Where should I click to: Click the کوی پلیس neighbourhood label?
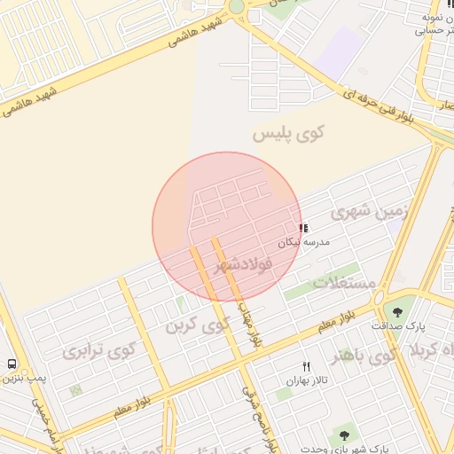point(289,134)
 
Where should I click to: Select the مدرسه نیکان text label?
point(305,241)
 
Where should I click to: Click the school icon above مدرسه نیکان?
point(305,228)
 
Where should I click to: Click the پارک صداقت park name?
point(392,325)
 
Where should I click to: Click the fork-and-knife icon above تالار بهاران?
point(307,366)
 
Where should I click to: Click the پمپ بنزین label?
point(21,379)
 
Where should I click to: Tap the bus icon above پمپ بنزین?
point(12,364)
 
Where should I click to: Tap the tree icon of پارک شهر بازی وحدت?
point(343,434)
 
